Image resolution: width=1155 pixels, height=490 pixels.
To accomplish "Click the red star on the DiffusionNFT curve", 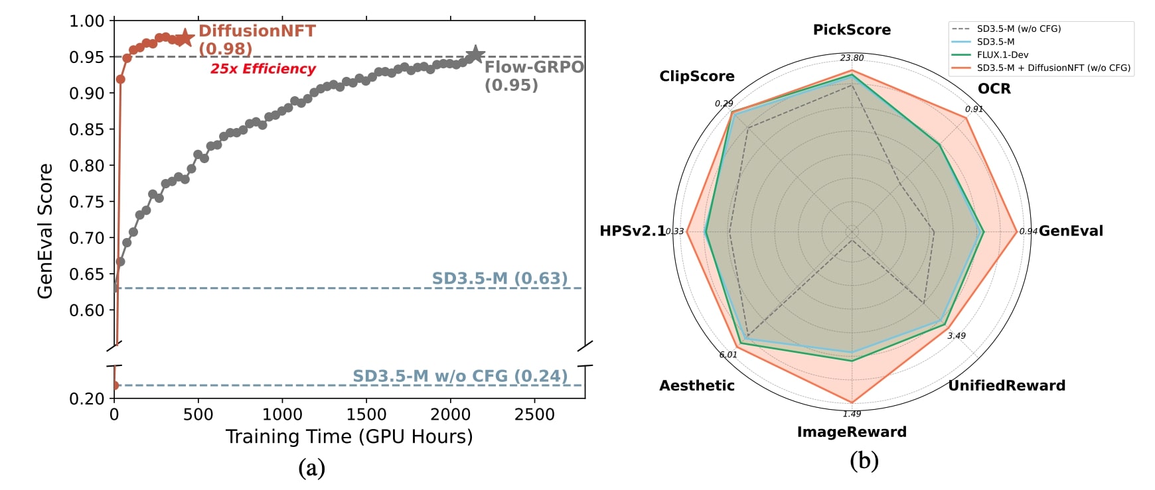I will (185, 38).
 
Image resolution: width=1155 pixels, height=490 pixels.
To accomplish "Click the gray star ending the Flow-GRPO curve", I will (475, 55).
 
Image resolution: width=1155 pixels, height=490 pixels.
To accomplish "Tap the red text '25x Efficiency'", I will (263, 69).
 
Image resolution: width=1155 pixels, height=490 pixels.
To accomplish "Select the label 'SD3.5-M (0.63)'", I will (500, 278).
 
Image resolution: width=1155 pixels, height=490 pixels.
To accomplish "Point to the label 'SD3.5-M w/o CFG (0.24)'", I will (460, 376).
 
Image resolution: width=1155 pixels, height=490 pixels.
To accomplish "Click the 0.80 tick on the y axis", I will (87, 166).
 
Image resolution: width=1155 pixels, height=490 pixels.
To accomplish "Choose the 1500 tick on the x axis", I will (366, 414).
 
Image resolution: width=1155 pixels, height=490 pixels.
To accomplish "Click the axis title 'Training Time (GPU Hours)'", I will (349, 436).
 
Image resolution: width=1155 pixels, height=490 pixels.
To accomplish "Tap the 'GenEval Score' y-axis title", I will (45, 231).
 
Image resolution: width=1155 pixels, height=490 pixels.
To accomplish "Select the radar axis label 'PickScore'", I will (852, 30).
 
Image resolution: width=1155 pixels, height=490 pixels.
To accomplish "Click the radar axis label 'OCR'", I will (994, 89).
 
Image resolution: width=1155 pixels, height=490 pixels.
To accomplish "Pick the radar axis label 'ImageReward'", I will (852, 432).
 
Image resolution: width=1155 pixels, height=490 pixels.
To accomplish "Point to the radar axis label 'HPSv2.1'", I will (632, 231).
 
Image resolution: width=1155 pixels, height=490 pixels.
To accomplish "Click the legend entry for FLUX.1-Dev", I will (1002, 55).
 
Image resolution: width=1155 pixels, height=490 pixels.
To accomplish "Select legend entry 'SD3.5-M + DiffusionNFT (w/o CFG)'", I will (1053, 68).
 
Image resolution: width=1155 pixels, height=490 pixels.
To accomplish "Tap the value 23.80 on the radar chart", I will (852, 58).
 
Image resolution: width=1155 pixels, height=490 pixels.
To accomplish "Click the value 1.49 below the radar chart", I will (852, 414).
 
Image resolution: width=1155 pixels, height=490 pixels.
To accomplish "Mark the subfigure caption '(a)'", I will (311, 467).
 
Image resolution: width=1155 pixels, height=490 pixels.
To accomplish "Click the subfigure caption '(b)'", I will (864, 460).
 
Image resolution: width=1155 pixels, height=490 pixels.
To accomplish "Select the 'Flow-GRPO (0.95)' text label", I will (534, 76).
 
